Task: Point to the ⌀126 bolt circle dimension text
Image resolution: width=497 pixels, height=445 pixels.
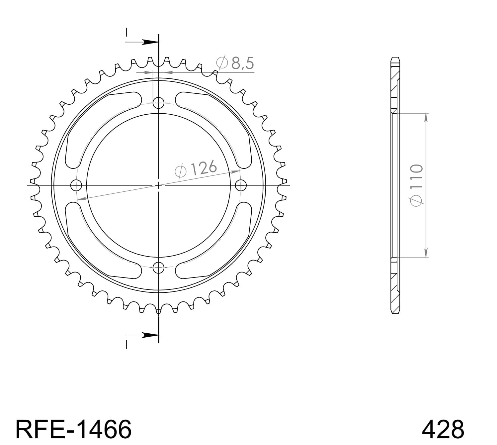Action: point(196,169)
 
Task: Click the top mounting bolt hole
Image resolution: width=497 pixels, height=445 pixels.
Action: point(159,103)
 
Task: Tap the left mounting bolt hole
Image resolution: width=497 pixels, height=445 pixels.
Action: point(76,185)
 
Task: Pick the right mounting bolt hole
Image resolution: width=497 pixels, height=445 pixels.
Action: point(241,185)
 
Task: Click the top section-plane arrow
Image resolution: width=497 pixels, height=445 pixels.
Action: point(146,42)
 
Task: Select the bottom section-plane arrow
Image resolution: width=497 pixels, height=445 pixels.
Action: point(146,335)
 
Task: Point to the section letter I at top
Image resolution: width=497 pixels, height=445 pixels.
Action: point(126,32)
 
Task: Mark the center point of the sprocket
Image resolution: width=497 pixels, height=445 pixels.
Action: point(159,185)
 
